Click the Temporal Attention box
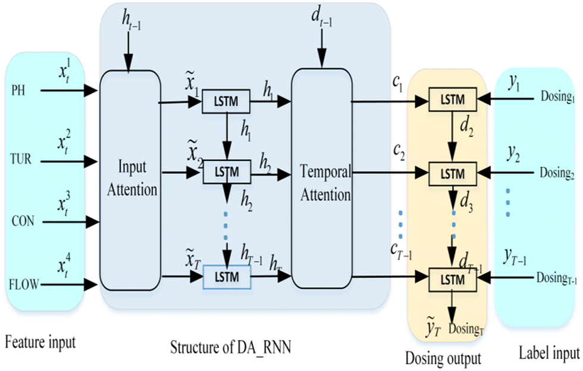click(x=321, y=182)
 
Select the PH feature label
click(x=19, y=91)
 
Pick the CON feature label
click(x=23, y=222)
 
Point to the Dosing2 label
click(x=556, y=173)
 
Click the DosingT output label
click(x=466, y=328)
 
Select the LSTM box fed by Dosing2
click(x=453, y=173)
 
